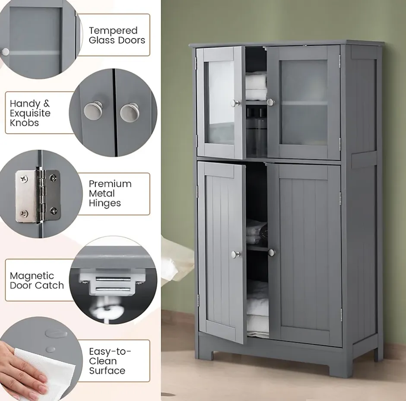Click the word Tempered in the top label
pyautogui.click(x=113, y=31)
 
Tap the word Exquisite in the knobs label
pyautogui.click(x=30, y=113)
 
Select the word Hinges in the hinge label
pyautogui.click(x=105, y=203)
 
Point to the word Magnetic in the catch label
pyautogui.click(x=32, y=276)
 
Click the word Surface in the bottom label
pyautogui.click(x=107, y=371)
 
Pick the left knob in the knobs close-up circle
pyautogui.click(x=93, y=111)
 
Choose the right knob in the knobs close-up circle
pyautogui.click(x=130, y=112)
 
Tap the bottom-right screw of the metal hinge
pyautogui.click(x=54, y=210)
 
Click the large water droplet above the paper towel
pyautogui.click(x=56, y=333)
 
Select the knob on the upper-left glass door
pyautogui.click(x=235, y=103)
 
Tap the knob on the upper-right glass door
pyautogui.click(x=270, y=102)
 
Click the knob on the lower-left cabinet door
pyautogui.click(x=236, y=255)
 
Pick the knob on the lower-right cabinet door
pyautogui.click(x=271, y=252)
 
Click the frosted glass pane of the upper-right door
pyautogui.click(x=304, y=102)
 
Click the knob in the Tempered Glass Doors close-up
pyautogui.click(x=5, y=52)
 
